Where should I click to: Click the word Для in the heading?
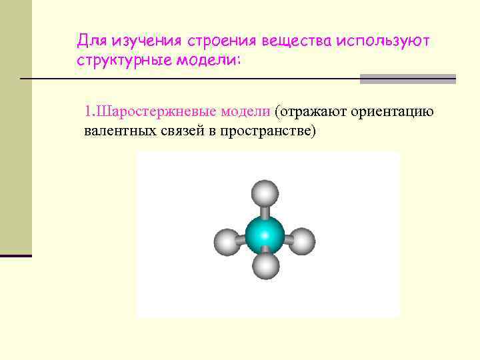91,41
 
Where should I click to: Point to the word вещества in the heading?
295,41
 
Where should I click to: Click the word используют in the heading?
383,41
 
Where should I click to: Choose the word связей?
179,131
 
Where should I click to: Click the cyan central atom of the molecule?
265,235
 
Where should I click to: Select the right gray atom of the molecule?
302,240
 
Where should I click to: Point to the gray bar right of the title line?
408,79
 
